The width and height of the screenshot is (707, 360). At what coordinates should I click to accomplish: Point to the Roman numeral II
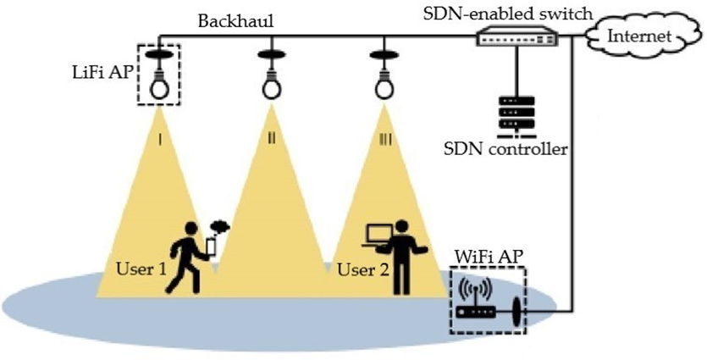tap(271, 138)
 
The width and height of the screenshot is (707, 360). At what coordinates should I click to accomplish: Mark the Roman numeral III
tap(384, 138)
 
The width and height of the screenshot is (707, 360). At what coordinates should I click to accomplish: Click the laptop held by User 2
tap(377, 236)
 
